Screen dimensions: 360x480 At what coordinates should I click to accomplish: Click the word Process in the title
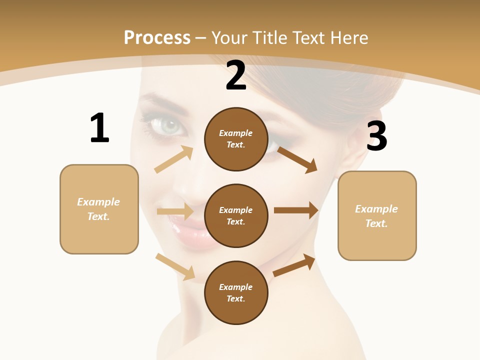(x=157, y=38)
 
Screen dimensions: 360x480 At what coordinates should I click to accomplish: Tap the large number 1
(x=99, y=128)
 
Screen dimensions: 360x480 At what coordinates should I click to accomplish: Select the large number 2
(x=236, y=75)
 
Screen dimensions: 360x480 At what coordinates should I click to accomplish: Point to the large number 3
(x=376, y=136)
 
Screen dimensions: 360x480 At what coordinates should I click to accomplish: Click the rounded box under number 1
(x=99, y=209)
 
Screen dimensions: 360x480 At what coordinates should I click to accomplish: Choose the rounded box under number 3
(x=377, y=215)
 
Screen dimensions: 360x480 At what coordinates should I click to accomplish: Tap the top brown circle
(x=236, y=139)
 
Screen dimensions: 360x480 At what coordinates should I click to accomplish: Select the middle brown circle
(x=236, y=215)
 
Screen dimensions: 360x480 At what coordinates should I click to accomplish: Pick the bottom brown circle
(x=236, y=292)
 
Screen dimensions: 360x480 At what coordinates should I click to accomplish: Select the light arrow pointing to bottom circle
(x=175, y=266)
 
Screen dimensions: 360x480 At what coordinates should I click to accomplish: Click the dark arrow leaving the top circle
(x=297, y=159)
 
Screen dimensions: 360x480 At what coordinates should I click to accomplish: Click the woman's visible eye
(x=170, y=126)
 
